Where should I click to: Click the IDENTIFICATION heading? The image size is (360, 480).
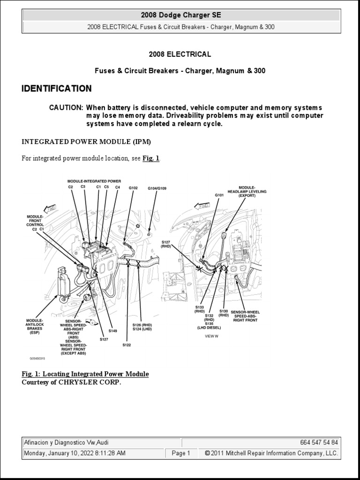[57, 89]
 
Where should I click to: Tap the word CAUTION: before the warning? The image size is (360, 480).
[66, 107]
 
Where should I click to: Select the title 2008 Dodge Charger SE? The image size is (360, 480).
[181, 15]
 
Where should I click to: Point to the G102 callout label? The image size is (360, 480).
[133, 188]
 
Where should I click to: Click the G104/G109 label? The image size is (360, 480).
[157, 188]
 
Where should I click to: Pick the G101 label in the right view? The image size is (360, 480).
[219, 195]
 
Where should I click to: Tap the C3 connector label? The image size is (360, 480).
[82, 187]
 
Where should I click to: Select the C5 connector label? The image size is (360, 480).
[106, 187]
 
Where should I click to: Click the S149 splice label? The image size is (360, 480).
[112, 331]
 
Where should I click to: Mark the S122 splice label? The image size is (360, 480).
[127, 345]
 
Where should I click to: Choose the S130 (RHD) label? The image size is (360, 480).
[224, 313]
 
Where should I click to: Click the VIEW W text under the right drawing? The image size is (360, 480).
[211, 336]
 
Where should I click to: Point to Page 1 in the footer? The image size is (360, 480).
[181, 453]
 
